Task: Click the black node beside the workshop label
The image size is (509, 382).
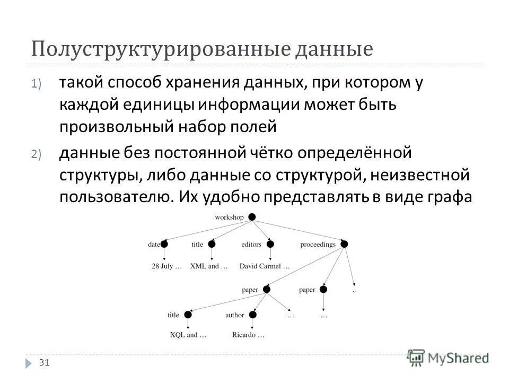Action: click(x=252, y=217)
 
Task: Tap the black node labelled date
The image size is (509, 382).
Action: click(x=164, y=244)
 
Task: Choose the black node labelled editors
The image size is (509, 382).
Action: click(x=270, y=244)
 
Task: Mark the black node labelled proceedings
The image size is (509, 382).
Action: click(x=344, y=244)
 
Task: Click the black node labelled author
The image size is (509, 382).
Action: click(x=253, y=315)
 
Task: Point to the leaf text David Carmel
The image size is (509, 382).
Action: click(x=264, y=266)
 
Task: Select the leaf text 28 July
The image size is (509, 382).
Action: click(x=166, y=266)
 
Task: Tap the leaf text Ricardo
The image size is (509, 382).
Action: click(x=248, y=335)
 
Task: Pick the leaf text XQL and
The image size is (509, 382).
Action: click(x=188, y=335)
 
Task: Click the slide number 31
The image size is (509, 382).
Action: click(x=45, y=362)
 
